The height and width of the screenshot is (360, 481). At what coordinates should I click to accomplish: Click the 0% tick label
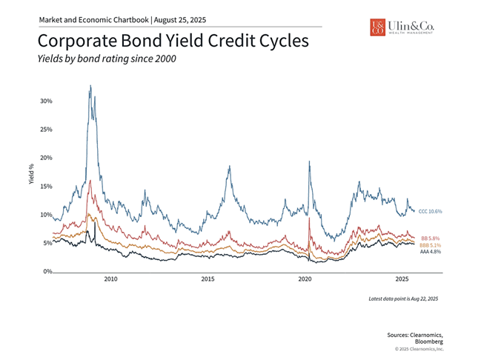point(46,272)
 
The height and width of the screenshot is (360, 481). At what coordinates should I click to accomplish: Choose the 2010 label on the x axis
point(110,280)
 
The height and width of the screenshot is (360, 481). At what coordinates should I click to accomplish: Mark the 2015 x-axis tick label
point(208,280)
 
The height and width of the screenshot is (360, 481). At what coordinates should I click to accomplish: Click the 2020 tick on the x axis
point(305,280)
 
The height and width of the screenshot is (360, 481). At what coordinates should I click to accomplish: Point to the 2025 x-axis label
point(402,280)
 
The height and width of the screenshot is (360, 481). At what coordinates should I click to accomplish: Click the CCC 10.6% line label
point(430,212)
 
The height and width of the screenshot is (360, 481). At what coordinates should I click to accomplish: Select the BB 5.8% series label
point(431,238)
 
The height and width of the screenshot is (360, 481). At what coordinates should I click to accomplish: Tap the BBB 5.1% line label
point(431,245)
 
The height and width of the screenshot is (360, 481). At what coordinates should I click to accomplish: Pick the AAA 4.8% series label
point(431,252)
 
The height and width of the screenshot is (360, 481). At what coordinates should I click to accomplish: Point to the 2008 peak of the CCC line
point(90,86)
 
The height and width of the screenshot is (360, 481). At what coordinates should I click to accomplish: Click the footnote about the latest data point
point(404,298)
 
